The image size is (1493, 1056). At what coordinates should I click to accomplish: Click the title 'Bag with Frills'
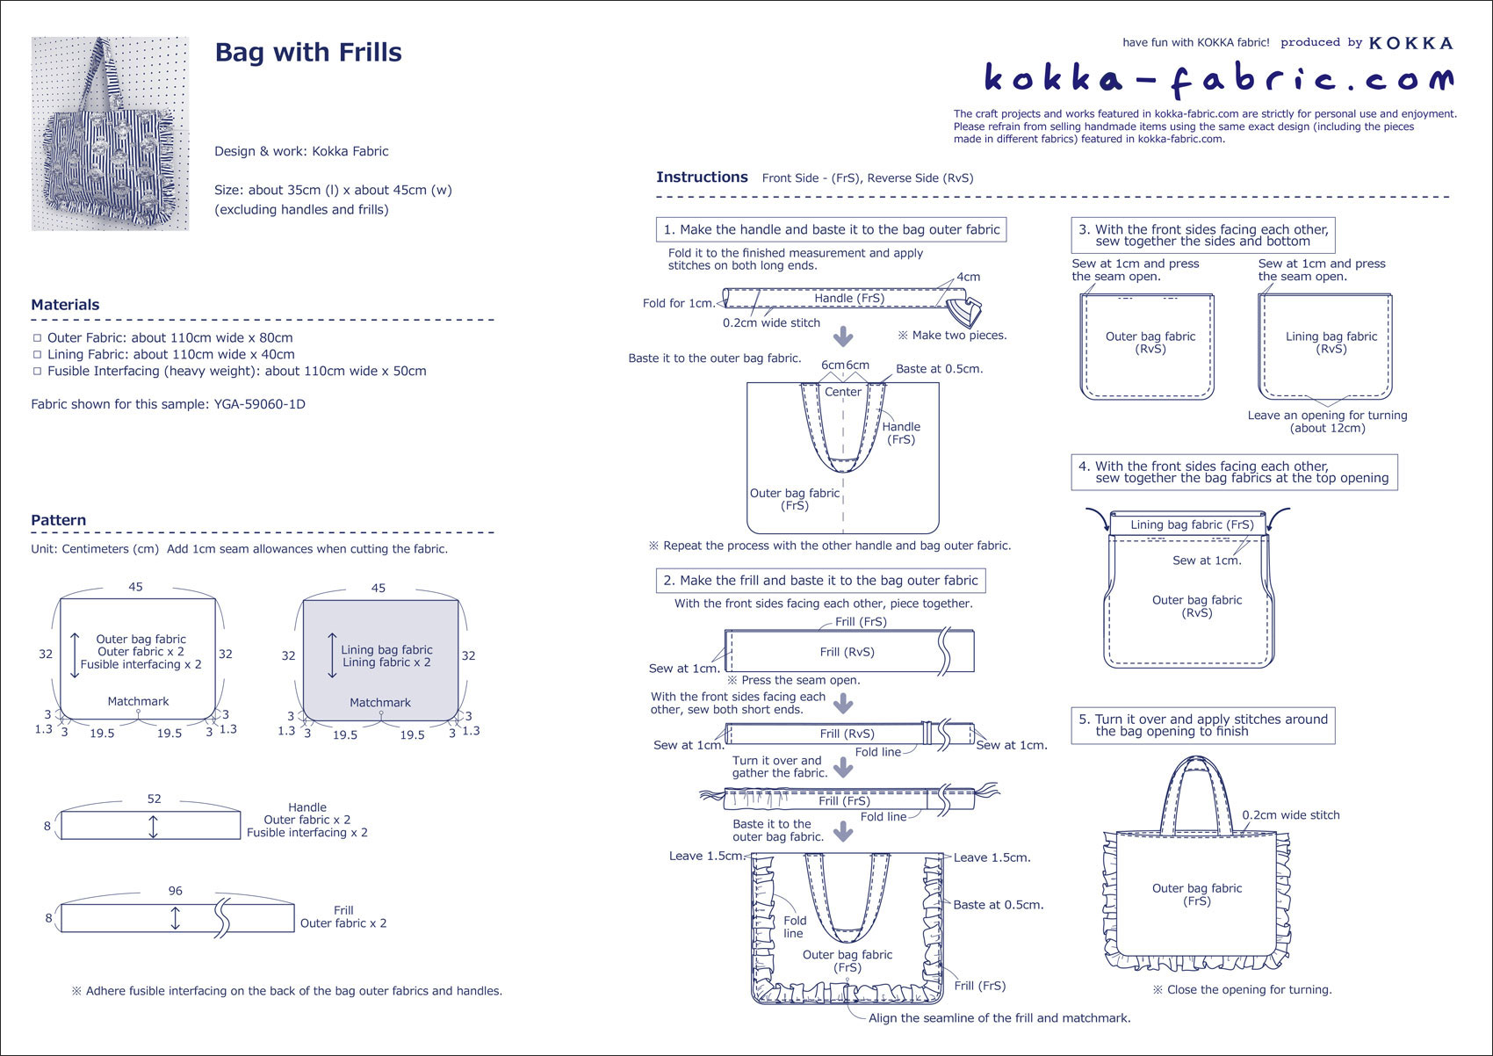pos(308,52)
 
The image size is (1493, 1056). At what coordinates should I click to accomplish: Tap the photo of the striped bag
pos(110,134)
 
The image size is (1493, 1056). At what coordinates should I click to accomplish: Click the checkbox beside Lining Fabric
pos(37,355)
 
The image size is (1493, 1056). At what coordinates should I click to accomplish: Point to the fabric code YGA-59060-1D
pos(259,404)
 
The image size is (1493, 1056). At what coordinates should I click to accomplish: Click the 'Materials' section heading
pos(65,305)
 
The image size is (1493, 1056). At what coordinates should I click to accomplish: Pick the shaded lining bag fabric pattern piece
pos(380,660)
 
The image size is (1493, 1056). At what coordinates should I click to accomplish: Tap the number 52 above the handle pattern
pos(154,799)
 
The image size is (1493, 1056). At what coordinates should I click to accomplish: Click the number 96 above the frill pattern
pos(176,891)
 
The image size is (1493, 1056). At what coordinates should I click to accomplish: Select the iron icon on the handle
pos(964,312)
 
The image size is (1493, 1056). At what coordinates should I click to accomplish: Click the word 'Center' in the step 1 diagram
pos(843,392)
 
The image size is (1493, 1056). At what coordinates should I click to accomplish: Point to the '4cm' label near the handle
pos(969,277)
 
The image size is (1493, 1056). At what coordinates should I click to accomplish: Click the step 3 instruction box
pos(1203,235)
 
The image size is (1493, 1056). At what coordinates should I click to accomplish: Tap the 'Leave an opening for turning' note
pos(1328,422)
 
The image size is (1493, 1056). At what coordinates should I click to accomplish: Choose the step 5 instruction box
pos(1203,726)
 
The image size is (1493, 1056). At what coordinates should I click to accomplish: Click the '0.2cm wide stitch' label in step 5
pos(1290,814)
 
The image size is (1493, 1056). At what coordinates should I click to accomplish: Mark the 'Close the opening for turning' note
pos(1243,990)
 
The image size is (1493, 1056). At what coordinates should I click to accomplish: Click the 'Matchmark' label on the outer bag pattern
pos(138,701)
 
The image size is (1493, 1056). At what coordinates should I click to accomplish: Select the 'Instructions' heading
pos(702,177)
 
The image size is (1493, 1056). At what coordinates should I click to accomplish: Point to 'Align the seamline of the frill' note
pos(999,1018)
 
